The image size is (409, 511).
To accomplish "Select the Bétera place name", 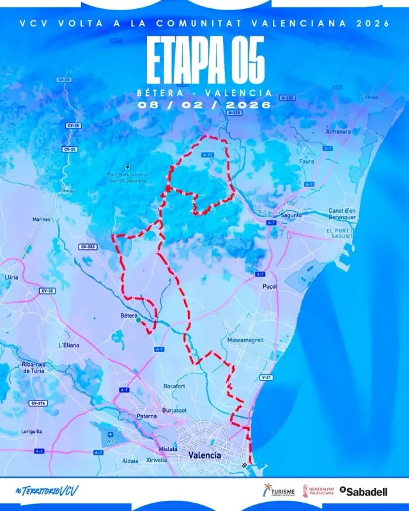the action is tap(129, 316).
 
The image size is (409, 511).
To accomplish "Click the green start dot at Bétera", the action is tap(138, 321).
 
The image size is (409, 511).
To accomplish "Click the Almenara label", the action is tap(339, 132).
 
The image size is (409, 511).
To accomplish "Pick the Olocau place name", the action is tap(68, 190).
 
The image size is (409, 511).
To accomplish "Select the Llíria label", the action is tap(11, 278).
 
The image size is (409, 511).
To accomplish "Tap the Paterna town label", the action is tap(146, 416).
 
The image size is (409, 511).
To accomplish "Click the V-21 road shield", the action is tap(265, 378).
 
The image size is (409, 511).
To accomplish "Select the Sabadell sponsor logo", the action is tap(364, 491).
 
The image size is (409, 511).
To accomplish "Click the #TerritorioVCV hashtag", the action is tap(47, 491).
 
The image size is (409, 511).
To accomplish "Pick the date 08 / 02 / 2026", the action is tap(204, 103).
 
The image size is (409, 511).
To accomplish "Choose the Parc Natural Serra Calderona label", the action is tap(128, 177).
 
